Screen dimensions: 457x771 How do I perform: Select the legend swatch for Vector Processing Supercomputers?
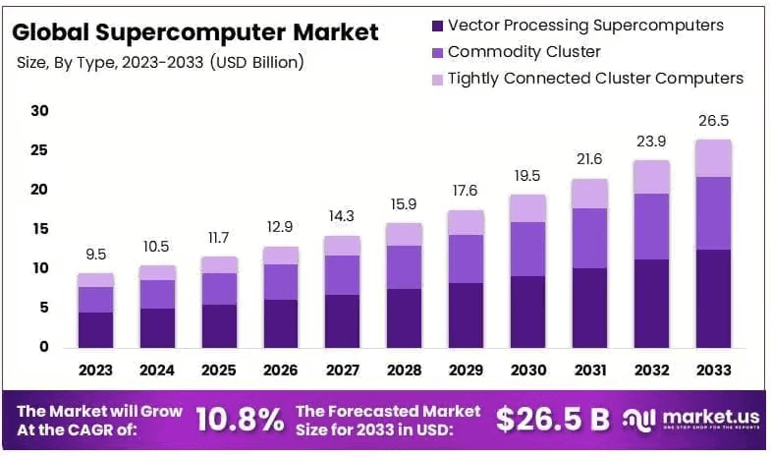(x=435, y=25)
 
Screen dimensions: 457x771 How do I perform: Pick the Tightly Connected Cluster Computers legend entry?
(x=595, y=78)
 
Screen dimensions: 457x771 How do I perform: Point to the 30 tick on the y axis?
(x=39, y=111)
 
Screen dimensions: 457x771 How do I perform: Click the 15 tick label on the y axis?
(x=39, y=229)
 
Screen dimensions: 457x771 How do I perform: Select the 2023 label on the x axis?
(x=95, y=371)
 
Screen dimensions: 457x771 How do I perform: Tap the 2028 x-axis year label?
(x=405, y=371)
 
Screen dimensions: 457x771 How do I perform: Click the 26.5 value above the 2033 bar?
(x=714, y=121)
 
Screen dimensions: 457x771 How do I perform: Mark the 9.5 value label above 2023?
(x=95, y=255)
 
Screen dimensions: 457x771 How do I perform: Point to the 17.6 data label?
(x=467, y=191)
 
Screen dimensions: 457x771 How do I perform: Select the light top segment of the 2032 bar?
(x=652, y=177)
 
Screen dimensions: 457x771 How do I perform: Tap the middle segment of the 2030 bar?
(x=528, y=249)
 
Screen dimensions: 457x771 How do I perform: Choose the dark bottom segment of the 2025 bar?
(x=219, y=325)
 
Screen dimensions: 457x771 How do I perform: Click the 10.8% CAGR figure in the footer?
(x=240, y=420)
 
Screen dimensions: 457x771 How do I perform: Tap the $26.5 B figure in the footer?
(x=552, y=420)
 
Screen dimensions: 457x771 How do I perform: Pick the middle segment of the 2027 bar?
(x=343, y=275)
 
